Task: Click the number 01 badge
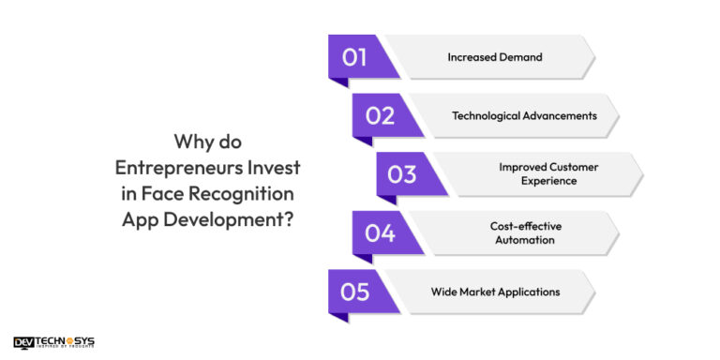coord(354,56)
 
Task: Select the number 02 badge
coord(380,115)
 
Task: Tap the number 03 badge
coord(402,174)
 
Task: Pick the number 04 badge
coord(380,232)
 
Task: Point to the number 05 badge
coord(355,292)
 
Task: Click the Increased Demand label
coord(494,57)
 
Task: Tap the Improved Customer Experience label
coord(548,174)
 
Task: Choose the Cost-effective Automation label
coord(524,232)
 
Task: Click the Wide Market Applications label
coord(495,292)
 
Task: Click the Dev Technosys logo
coord(53,343)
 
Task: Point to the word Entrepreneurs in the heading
coord(175,167)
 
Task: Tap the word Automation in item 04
coord(524,240)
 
